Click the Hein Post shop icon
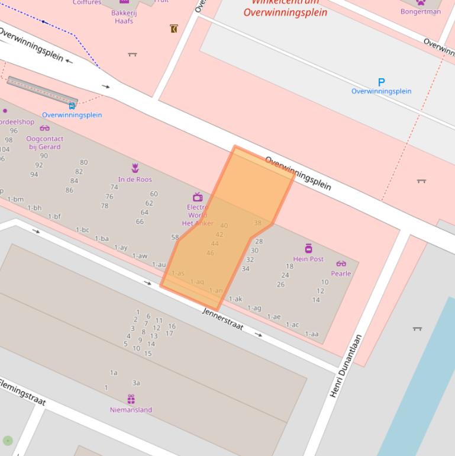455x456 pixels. click(308, 248)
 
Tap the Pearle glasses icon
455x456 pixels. click(341, 264)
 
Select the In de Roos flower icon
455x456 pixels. click(135, 169)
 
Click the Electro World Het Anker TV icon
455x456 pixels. click(198, 197)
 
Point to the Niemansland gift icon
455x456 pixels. click(131, 399)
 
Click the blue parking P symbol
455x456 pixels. click(381, 82)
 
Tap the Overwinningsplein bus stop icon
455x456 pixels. click(72, 106)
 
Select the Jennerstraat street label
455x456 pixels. click(222, 319)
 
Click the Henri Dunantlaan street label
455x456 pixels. click(346, 366)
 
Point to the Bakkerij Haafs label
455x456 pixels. click(124, 17)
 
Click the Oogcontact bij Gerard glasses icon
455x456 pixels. click(45, 128)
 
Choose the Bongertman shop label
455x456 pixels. click(420, 11)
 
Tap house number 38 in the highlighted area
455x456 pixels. click(257, 223)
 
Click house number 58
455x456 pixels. click(175, 237)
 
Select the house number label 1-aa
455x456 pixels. click(311, 334)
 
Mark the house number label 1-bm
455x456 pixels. click(15, 200)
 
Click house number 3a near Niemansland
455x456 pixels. click(136, 383)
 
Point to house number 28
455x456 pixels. click(259, 242)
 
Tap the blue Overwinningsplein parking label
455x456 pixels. click(381, 91)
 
